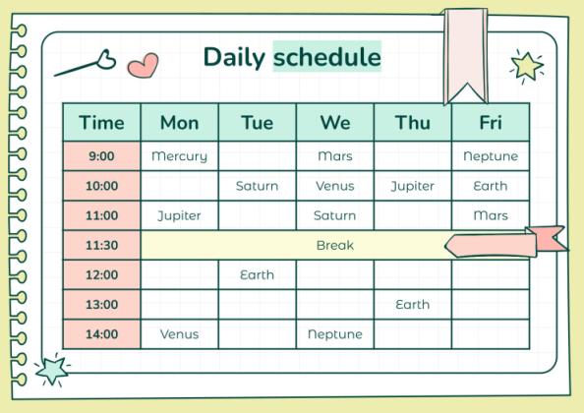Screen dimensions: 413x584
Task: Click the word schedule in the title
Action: coord(326,57)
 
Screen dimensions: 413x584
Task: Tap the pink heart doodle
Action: coord(144,65)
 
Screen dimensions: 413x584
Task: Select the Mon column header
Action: coord(179,123)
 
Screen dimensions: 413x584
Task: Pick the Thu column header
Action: coord(413,123)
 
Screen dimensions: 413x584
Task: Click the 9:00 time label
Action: coord(101,156)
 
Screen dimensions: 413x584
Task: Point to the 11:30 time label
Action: coord(101,245)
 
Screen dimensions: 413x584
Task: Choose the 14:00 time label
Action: coord(101,334)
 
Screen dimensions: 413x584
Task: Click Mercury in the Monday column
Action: coord(179,156)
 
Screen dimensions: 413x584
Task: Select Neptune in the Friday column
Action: coord(491,156)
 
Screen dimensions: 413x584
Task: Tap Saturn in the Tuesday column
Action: coord(257,186)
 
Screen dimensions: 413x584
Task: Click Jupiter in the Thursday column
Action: coord(413,186)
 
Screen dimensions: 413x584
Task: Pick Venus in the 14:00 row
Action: coord(179,334)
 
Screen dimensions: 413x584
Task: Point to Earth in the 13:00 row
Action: coord(413,305)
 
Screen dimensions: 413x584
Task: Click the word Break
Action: coord(334,245)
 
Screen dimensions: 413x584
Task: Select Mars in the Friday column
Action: coord(491,215)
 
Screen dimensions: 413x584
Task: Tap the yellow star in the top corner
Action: coord(527,66)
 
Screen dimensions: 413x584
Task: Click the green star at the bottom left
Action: coord(51,370)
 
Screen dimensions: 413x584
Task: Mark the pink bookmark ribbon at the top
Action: coord(465,54)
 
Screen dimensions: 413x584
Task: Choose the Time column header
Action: coord(101,123)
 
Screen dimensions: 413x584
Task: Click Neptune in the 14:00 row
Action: coord(334,334)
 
